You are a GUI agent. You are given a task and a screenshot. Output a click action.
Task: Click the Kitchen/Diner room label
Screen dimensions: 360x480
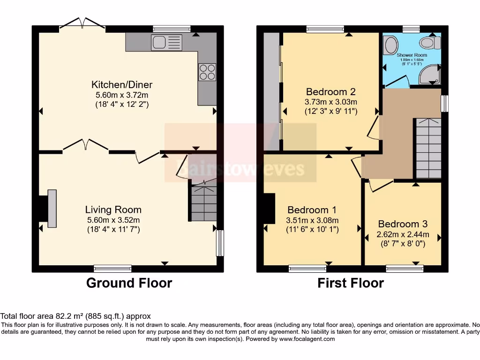tap(122, 85)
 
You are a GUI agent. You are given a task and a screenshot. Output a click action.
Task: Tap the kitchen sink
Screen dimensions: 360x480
tap(166, 43)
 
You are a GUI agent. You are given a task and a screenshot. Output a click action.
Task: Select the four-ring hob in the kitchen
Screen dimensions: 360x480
tap(207, 72)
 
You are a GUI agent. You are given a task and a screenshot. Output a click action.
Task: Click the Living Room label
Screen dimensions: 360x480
tap(113, 210)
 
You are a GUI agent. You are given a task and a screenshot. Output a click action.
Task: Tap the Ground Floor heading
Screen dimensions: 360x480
tap(129, 283)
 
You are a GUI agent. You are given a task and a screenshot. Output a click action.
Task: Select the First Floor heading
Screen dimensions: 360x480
tap(351, 283)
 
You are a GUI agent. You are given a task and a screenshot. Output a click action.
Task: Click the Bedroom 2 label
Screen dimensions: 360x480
tap(331, 91)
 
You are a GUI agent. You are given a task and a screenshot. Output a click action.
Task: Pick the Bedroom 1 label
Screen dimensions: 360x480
tap(312, 210)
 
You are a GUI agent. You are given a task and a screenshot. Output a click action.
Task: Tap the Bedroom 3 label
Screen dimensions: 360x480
tap(403, 224)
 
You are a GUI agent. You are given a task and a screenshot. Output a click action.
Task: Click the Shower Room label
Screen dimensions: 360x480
tap(412, 55)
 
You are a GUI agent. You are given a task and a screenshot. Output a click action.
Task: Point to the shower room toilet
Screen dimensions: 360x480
tap(430, 44)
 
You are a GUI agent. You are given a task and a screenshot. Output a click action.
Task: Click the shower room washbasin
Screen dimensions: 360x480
tap(390, 45)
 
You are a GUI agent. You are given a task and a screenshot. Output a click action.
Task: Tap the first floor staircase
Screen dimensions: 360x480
tap(427, 148)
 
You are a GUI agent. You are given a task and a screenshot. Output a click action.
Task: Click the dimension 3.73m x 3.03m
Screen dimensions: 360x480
tap(331, 102)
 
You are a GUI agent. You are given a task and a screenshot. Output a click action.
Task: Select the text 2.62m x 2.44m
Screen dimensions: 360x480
tap(403, 234)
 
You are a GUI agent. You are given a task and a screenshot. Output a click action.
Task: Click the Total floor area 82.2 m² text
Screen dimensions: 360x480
tap(75, 316)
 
